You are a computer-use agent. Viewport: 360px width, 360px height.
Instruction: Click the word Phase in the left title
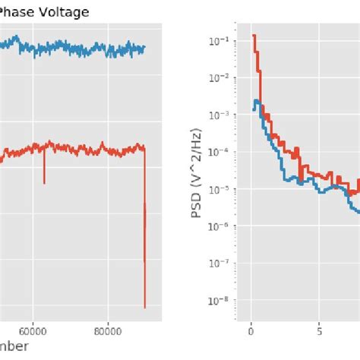[19, 12]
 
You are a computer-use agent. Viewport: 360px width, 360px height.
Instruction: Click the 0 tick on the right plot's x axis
[251, 332]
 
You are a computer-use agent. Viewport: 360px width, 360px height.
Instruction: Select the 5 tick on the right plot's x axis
[320, 332]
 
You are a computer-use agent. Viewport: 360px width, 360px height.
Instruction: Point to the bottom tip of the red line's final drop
[144, 307]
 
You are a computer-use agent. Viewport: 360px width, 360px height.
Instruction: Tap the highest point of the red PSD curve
[254, 35]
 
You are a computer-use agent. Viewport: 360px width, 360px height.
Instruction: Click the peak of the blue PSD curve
[257, 100]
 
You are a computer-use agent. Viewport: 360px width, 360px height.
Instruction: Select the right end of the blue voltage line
[144, 48]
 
